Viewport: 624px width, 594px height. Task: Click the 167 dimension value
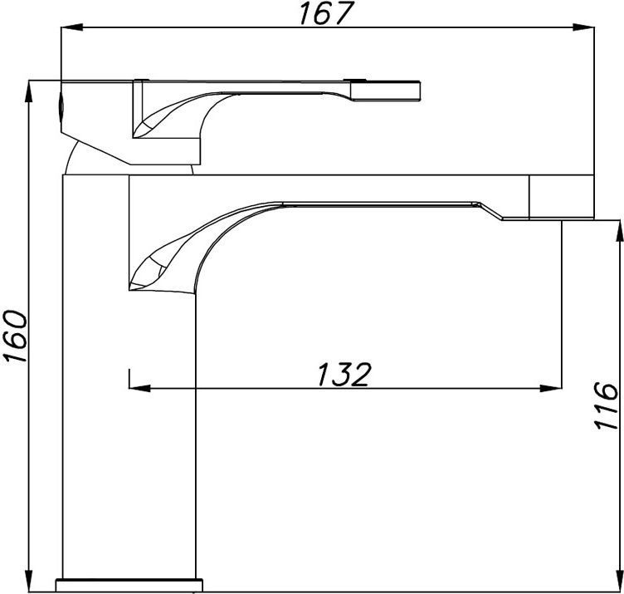click(x=326, y=13)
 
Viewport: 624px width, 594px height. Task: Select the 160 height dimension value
click(x=15, y=336)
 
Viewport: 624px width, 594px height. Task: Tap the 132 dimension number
click(x=344, y=374)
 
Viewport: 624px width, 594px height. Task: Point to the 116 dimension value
click(x=606, y=405)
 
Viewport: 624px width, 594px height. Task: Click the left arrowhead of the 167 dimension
click(x=71, y=27)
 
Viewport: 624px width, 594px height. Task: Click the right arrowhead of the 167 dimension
click(x=583, y=27)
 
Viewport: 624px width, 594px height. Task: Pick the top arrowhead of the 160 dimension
click(x=29, y=91)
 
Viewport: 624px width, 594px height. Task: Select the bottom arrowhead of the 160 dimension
click(x=29, y=582)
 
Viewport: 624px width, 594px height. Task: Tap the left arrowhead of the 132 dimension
click(x=139, y=388)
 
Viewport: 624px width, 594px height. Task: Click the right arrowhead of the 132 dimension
click(x=551, y=388)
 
